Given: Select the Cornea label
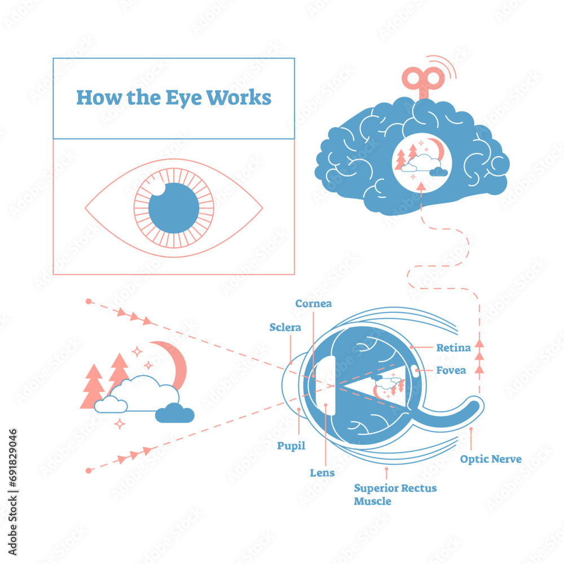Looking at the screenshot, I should tap(314, 303).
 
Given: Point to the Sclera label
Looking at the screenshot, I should tap(285, 327).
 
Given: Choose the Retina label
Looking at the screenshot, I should tap(453, 347).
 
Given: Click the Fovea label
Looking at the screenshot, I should tap(451, 371).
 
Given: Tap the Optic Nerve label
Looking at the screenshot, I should tap(490, 459).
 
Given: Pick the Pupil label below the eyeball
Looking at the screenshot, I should tap(291, 446).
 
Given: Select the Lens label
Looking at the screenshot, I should tap(322, 473).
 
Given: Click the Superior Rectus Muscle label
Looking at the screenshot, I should tap(395, 494).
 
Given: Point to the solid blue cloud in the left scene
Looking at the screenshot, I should tap(175, 415).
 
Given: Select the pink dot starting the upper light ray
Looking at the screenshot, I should tap(88, 302).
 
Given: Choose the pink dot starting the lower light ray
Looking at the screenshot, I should tap(88, 470).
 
